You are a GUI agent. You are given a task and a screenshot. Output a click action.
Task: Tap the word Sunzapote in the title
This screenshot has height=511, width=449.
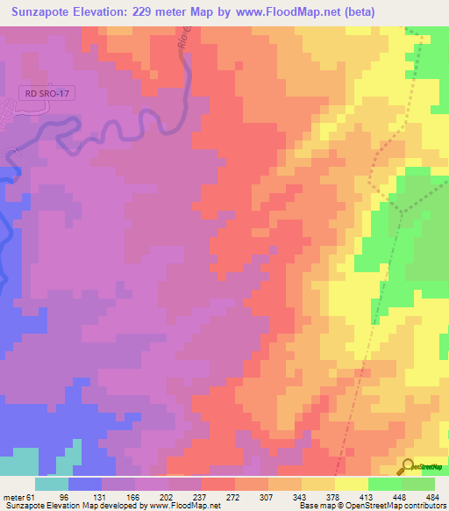click(x=45, y=12)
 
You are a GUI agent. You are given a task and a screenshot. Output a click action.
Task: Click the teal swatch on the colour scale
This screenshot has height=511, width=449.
click(x=52, y=484)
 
